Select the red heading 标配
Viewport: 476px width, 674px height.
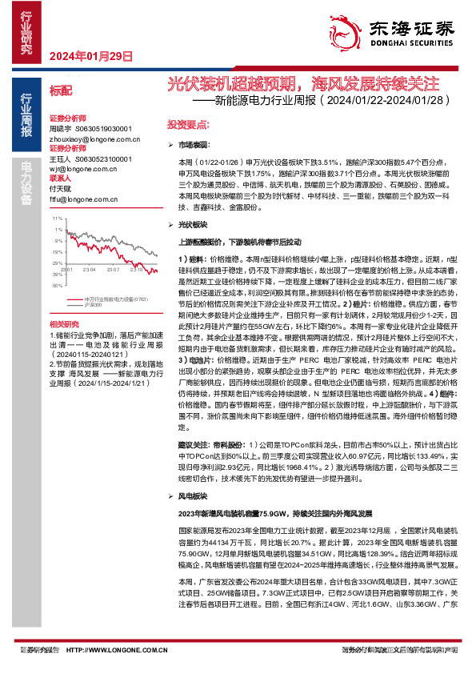click(x=61, y=90)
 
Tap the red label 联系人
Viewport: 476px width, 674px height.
click(x=62, y=179)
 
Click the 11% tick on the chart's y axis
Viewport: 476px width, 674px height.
click(x=58, y=218)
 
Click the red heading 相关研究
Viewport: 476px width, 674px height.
click(x=64, y=323)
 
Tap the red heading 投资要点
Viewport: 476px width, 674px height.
click(x=187, y=126)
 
